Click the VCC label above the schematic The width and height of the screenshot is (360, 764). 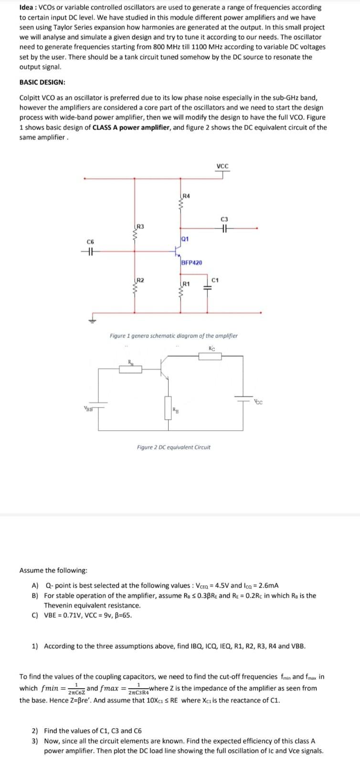click(222, 166)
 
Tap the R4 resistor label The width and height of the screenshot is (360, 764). click(186, 196)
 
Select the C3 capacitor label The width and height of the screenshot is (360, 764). click(224, 219)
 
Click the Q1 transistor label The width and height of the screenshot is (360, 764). click(185, 239)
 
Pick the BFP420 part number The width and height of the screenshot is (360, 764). click(191, 263)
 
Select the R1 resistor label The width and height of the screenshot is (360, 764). click(186, 284)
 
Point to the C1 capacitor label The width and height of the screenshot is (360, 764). click(215, 280)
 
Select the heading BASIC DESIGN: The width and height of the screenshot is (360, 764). click(42, 82)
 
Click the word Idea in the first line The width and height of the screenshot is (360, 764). click(27, 8)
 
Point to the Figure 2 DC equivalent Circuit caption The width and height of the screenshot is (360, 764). click(173, 447)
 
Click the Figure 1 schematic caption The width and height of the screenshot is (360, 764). click(173, 336)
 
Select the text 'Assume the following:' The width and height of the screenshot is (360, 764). click(53, 571)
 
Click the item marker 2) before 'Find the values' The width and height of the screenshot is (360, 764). click(35, 731)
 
